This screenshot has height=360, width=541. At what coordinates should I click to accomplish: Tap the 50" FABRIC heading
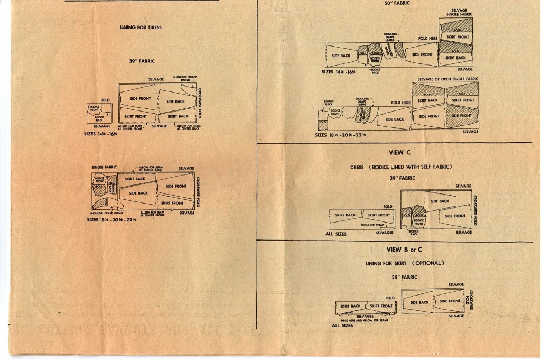397,3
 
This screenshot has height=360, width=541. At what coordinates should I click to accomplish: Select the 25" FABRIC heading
404,277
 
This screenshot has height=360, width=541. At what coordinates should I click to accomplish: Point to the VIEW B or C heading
404,250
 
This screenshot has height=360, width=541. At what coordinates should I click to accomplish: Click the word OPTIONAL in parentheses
428,263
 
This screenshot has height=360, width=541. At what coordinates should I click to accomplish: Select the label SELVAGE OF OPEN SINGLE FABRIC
447,79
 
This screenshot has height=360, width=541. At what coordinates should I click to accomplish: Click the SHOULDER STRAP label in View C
371,225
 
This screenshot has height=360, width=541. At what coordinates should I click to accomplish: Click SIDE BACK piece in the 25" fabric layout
419,302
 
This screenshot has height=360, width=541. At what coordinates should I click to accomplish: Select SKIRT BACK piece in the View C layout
346,215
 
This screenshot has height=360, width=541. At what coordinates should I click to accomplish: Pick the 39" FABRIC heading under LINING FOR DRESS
142,61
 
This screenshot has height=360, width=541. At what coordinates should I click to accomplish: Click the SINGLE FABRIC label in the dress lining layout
104,167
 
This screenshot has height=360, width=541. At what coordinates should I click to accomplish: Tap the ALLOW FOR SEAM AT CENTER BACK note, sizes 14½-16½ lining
188,127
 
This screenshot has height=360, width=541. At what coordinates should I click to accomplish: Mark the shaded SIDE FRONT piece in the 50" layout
461,116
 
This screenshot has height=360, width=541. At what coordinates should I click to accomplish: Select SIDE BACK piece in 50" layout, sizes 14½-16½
341,56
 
